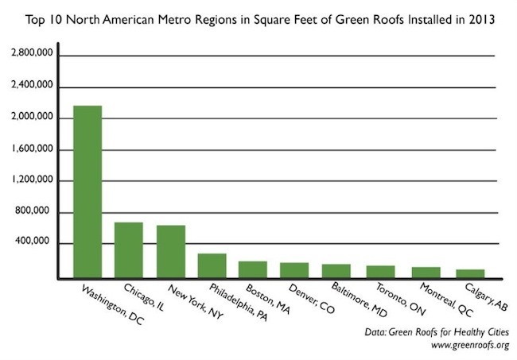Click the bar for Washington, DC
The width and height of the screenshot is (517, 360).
[x=87, y=192]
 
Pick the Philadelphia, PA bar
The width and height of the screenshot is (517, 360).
[x=212, y=266]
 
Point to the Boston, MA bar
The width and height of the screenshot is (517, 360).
[x=253, y=269]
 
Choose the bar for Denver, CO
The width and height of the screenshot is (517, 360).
[x=294, y=270]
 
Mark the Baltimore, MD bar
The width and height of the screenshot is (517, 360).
[x=336, y=271]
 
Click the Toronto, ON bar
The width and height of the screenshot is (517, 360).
[x=377, y=272]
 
